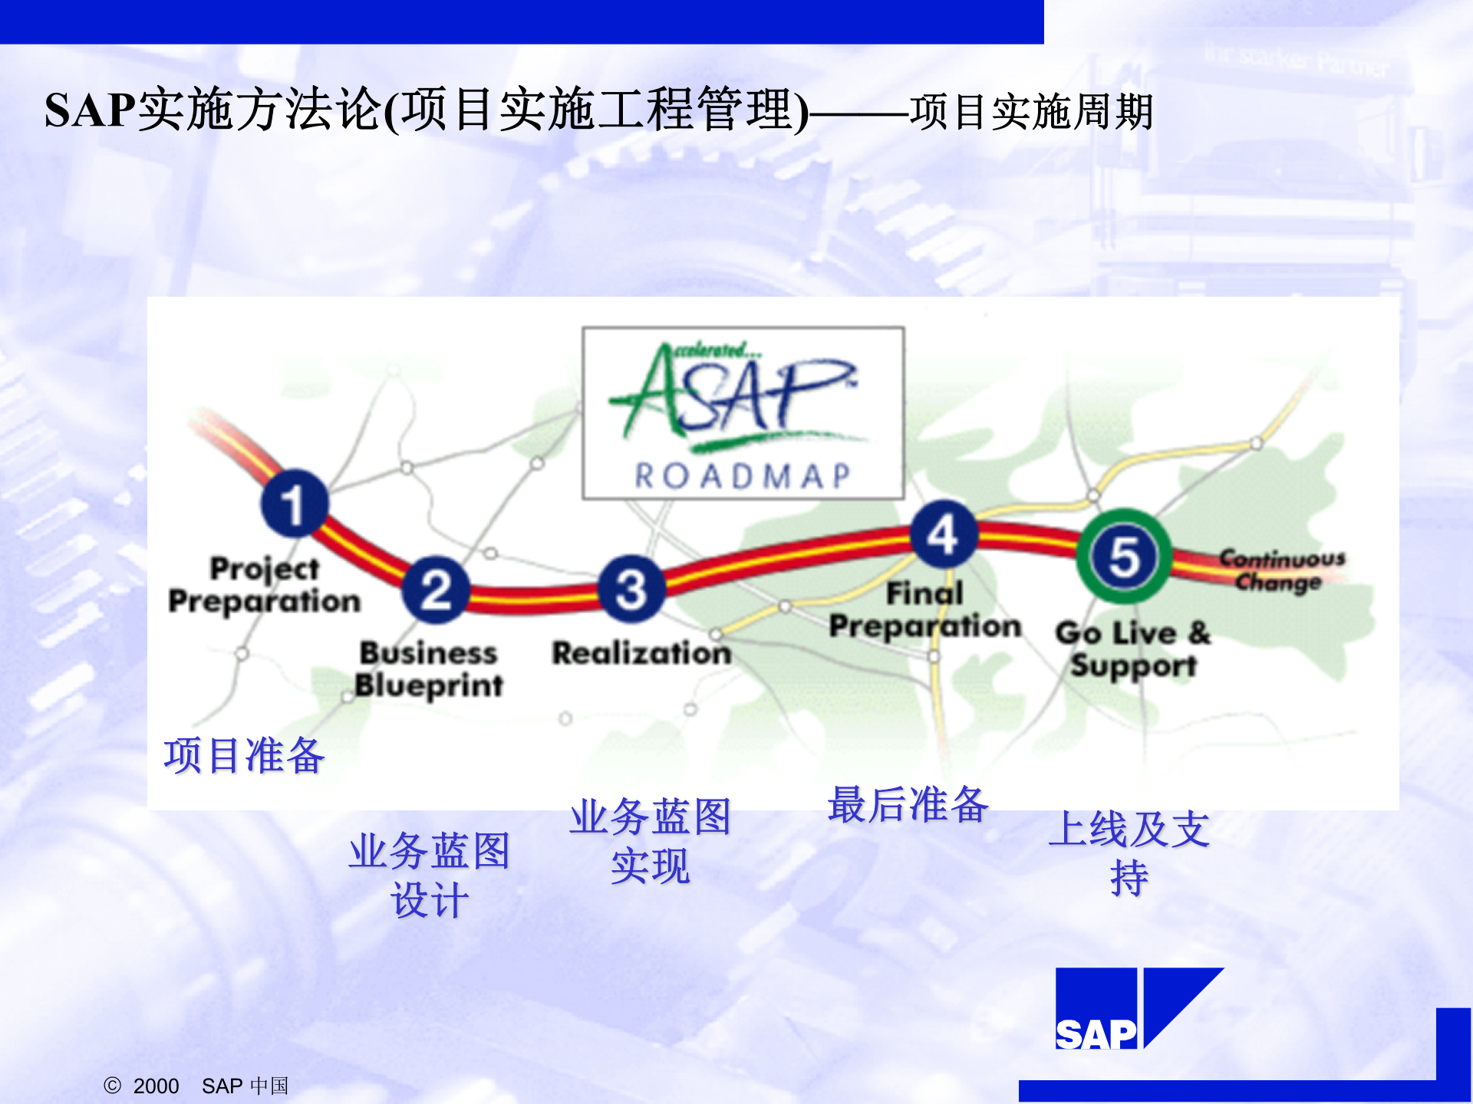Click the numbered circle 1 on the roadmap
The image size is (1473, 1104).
tap(294, 504)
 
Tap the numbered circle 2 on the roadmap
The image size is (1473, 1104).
tap(436, 589)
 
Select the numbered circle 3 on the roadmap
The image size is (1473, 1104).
tap(631, 589)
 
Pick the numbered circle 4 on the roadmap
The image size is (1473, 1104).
tap(943, 534)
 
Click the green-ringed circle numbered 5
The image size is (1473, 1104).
tap(1124, 556)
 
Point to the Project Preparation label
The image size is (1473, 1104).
tap(264, 585)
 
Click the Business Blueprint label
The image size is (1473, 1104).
tap(429, 669)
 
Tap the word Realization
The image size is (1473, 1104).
tap(641, 653)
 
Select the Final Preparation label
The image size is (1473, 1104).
tap(925, 610)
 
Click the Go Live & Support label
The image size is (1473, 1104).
tap(1132, 649)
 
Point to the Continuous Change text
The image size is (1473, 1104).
tap(1281, 570)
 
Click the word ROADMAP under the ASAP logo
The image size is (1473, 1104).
tap(743, 476)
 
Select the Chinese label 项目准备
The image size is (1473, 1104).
tap(244, 755)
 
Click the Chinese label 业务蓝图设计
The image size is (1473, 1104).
tap(430, 875)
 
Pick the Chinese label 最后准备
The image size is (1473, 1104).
tap(908, 805)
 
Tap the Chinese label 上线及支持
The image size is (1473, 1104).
tap(1129, 853)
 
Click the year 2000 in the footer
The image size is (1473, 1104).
tap(156, 1086)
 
